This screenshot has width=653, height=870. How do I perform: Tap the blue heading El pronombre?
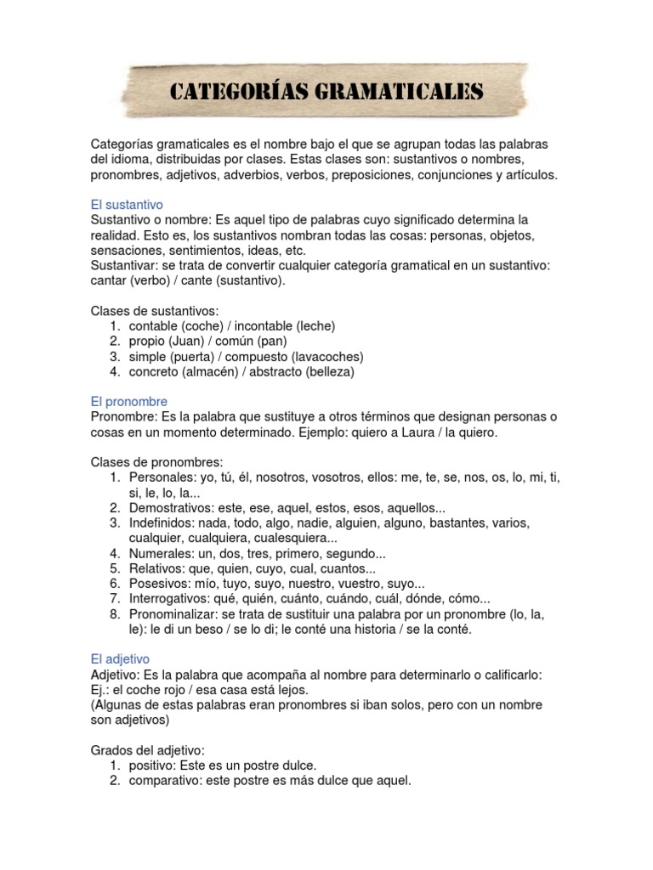click(129, 401)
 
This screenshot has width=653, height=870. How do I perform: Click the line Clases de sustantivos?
click(154, 310)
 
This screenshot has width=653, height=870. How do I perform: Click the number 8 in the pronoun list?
click(114, 614)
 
